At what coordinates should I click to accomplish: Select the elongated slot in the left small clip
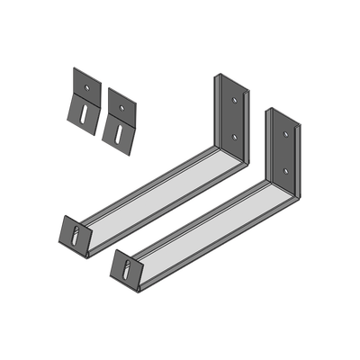point(82,115)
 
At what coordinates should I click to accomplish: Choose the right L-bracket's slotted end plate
point(120,262)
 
